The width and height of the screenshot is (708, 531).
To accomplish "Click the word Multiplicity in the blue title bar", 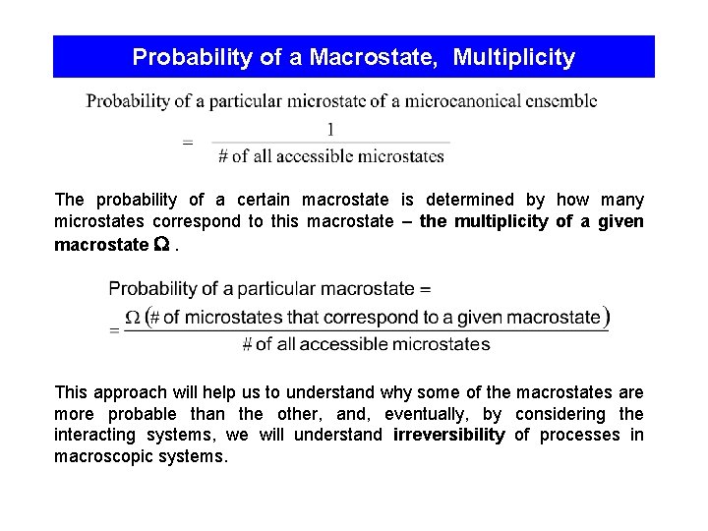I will coord(513,58).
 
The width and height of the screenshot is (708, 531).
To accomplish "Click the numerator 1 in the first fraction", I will coord(330,129).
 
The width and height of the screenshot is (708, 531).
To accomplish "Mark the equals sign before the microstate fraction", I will coord(188,142).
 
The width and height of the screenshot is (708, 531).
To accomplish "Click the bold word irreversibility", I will coord(448,436).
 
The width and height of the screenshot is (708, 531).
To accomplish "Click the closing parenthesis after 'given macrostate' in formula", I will coord(606,317).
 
